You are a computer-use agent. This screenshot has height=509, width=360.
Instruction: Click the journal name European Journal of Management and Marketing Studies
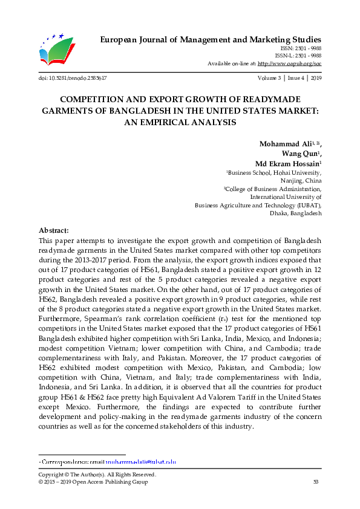[x=210, y=39]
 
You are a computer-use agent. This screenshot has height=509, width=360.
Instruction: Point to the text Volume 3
[x=268, y=79]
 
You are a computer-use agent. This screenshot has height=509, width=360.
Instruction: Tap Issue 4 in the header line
[x=296, y=79]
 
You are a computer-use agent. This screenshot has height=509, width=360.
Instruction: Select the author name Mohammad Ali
[x=284, y=143]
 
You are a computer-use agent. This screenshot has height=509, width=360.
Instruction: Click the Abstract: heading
[x=54, y=231]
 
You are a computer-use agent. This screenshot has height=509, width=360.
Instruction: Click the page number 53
[x=315, y=482]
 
